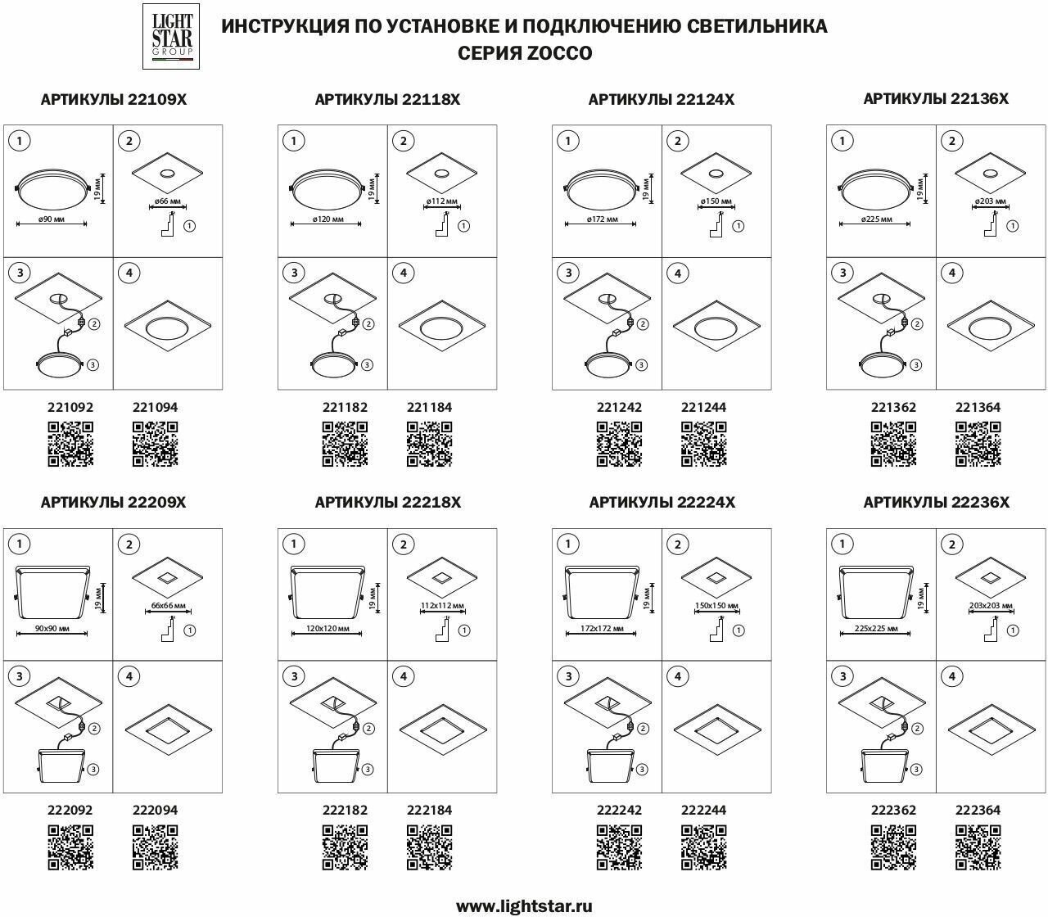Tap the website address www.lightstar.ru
[524, 906]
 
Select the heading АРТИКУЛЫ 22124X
[662, 100]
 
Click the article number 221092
[70, 407]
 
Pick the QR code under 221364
[978, 444]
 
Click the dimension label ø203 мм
[989, 200]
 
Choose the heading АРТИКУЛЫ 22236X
[936, 503]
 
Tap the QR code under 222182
[345, 847]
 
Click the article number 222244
[703, 810]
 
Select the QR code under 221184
[429, 444]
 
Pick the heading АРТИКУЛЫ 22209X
[113, 503]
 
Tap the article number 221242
[619, 407]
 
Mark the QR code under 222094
[155, 847]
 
